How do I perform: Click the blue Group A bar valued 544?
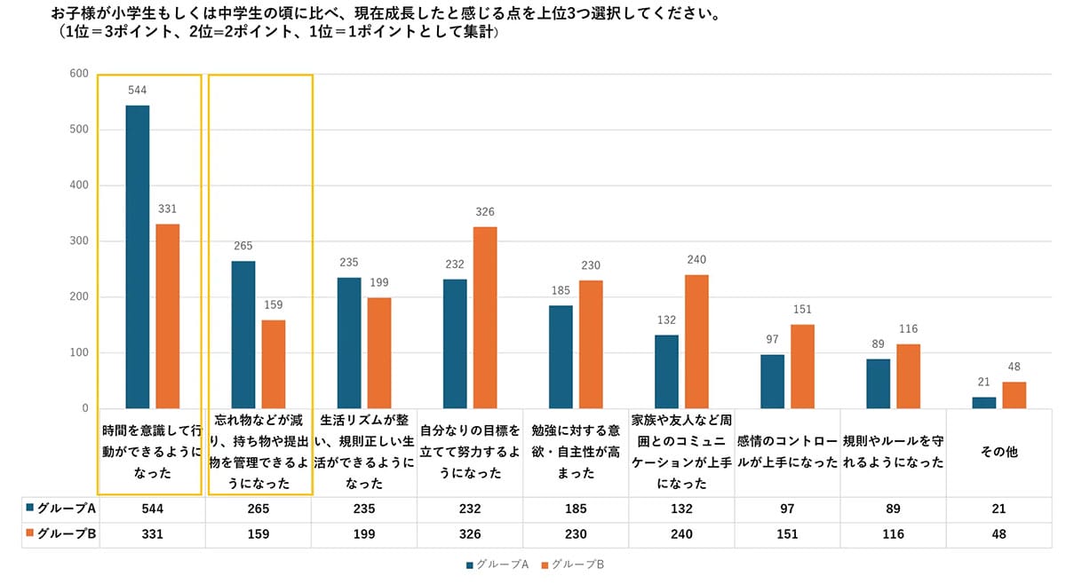point(138,256)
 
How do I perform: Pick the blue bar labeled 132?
point(666,372)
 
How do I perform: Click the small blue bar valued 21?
point(983,403)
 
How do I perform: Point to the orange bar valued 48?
point(1014,395)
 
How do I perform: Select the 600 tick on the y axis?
point(79,74)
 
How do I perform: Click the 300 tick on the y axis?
point(79,241)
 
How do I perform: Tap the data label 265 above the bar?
point(243,247)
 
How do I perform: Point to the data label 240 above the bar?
point(696,260)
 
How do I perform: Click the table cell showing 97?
point(787,509)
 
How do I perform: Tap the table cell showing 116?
point(893,534)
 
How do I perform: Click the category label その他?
point(998,452)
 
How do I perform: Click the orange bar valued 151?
point(802,367)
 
